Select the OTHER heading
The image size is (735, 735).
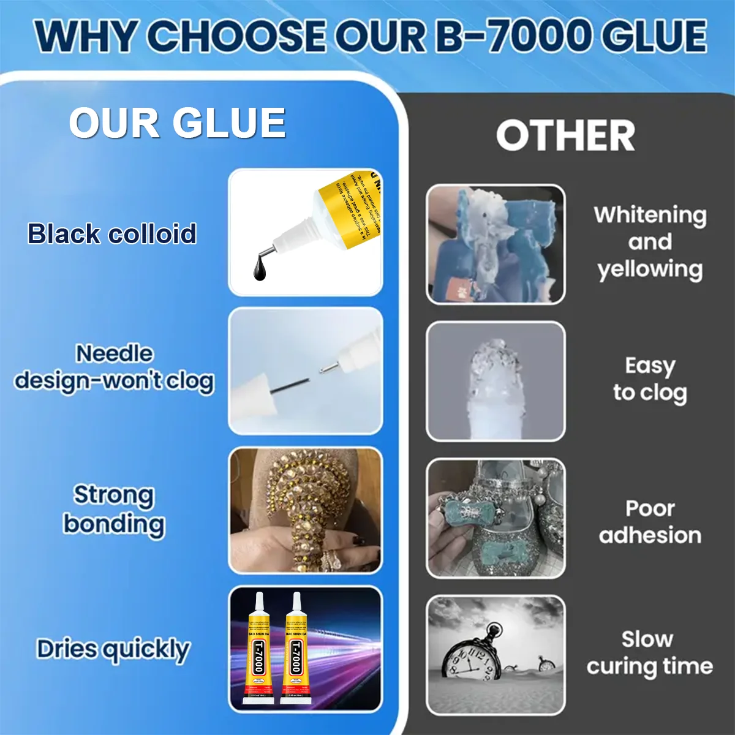[565, 136]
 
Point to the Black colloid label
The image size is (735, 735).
[111, 234]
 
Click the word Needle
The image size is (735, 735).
[114, 353]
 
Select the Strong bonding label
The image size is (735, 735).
[114, 510]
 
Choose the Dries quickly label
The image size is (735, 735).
[113, 649]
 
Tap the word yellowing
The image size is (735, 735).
[649, 269]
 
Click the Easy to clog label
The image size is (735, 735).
[649, 379]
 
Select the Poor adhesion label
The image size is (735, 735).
[649, 522]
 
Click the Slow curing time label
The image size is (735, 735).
[649, 653]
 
